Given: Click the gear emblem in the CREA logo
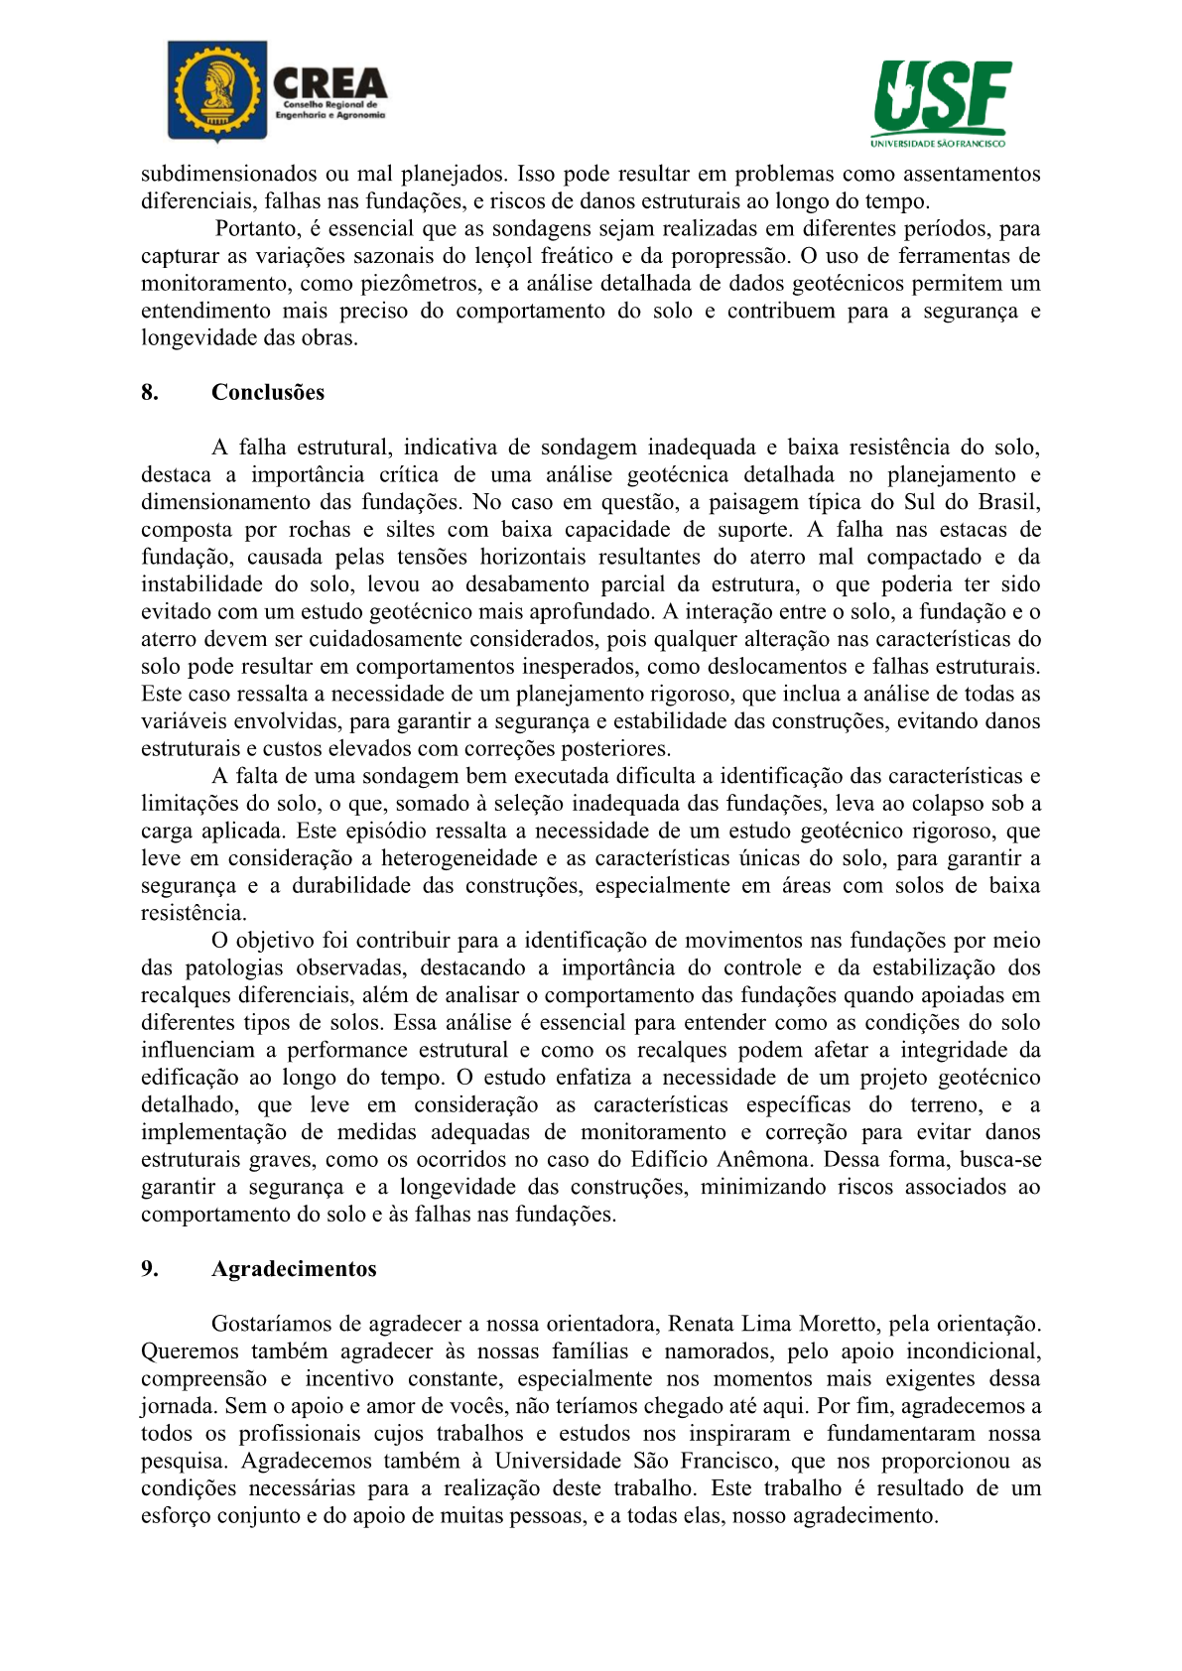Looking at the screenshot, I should [217, 90].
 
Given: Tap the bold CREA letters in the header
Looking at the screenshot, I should [329, 81].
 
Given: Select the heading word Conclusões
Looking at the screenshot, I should [268, 392].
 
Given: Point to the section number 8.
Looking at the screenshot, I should [150, 392].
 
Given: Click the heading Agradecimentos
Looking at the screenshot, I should [294, 1269].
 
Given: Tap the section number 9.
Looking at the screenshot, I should [150, 1269].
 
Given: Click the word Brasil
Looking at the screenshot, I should [1009, 502].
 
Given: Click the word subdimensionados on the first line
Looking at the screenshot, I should [228, 175].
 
